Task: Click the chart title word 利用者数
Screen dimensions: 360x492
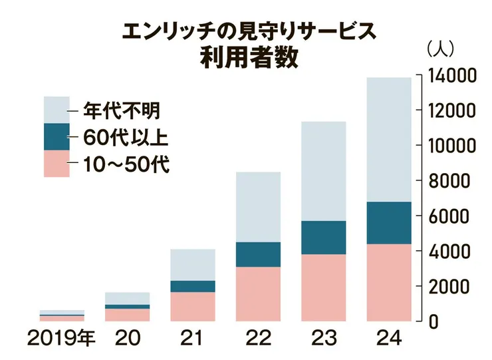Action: pos(245,55)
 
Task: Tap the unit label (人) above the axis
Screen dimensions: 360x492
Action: pos(439,49)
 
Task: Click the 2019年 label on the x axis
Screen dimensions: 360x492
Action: pos(62,339)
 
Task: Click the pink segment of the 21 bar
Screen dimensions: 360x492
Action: pos(192,306)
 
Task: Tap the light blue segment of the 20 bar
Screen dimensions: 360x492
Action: pos(127,298)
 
